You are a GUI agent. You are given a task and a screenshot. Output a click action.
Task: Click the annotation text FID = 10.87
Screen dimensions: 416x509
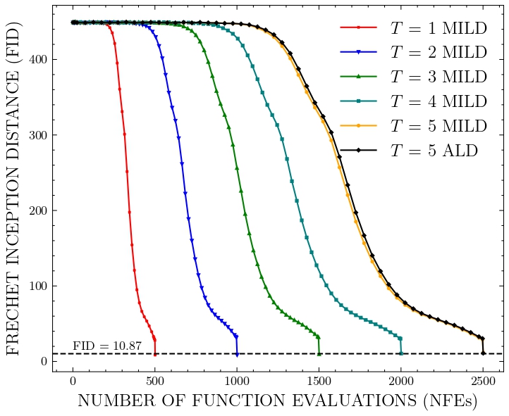pyautogui.click(x=107, y=346)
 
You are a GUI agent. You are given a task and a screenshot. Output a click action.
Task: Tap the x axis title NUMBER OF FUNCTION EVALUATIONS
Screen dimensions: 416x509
pyautogui.click(x=277, y=401)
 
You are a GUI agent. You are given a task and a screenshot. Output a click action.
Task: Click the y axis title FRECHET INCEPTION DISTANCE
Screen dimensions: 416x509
pyautogui.click(x=14, y=188)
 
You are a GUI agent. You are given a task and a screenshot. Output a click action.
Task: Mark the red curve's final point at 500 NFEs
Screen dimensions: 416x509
pyautogui.click(x=154, y=353)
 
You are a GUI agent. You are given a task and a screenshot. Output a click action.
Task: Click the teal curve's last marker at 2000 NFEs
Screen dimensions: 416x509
pyautogui.click(x=400, y=353)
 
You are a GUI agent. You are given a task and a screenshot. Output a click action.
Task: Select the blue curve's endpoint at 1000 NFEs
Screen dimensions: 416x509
pyautogui.click(x=237, y=353)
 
